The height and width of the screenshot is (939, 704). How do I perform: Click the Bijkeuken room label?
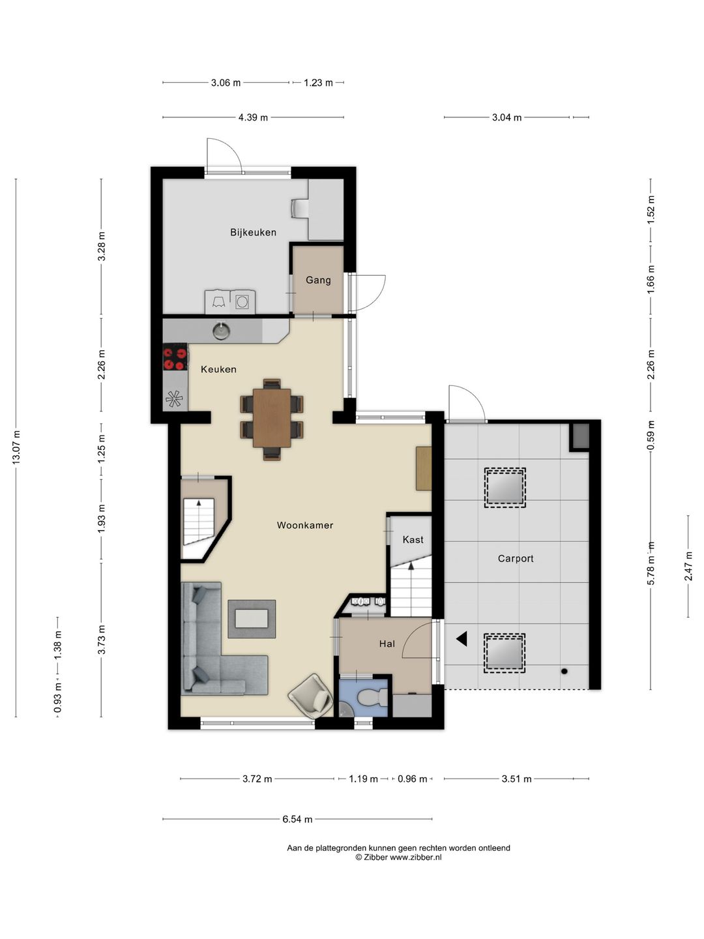(x=253, y=232)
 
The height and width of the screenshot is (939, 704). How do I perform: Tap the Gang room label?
(x=318, y=280)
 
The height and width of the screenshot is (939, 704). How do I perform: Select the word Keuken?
(x=218, y=369)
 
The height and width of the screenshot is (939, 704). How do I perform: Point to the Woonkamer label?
(x=305, y=526)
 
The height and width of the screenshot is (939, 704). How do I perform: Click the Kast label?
(x=413, y=539)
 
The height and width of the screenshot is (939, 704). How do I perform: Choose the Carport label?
(x=516, y=558)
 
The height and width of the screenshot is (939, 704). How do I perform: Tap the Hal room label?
(x=387, y=644)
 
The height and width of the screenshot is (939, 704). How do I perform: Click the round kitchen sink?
(x=221, y=331)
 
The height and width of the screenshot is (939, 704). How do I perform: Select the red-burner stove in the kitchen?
(x=175, y=357)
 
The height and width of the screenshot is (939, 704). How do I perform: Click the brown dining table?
(x=272, y=417)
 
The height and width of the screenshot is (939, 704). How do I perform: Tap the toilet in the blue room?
(x=372, y=698)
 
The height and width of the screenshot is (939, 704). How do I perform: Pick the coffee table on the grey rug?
(x=252, y=619)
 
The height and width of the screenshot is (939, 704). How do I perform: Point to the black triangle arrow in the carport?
(x=462, y=639)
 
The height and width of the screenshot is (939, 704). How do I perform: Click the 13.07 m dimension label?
(x=16, y=447)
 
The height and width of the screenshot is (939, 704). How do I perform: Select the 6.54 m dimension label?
(x=297, y=819)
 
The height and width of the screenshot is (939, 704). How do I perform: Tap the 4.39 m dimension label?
(x=253, y=117)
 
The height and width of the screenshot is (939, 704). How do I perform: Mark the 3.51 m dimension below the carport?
(x=516, y=779)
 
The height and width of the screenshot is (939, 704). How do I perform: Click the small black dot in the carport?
(x=565, y=671)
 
